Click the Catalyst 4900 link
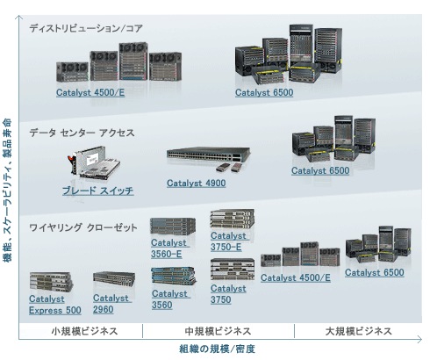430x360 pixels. pyautogui.click(x=196, y=184)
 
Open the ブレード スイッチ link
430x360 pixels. pyautogui.click(x=98, y=191)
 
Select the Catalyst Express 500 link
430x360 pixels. pyautogui.click(x=55, y=305)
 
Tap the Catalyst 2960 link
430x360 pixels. pyautogui.click(x=112, y=304)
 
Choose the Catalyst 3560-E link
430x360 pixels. pyautogui.click(x=170, y=248)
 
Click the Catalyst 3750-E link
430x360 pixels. pyautogui.click(x=230, y=241)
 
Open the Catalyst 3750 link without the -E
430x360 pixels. pyautogui.click(x=228, y=294)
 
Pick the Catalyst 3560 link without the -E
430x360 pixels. pyautogui.click(x=171, y=299)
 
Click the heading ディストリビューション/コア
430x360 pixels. pyautogui.click(x=86, y=28)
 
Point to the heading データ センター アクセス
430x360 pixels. pyautogui.click(x=82, y=133)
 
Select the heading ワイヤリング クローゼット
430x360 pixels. pyautogui.click(x=83, y=227)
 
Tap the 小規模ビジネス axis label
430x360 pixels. pyautogui.click(x=84, y=331)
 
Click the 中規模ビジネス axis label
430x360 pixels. pyautogui.click(x=218, y=331)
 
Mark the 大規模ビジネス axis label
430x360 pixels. pyautogui.click(x=358, y=331)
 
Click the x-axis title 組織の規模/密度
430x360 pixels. pyautogui.click(x=217, y=349)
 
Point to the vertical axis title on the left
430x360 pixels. pyautogui.click(x=7, y=191)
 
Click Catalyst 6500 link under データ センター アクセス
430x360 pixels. pyautogui.click(x=320, y=170)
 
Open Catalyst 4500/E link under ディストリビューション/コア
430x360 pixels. pyautogui.click(x=90, y=92)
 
